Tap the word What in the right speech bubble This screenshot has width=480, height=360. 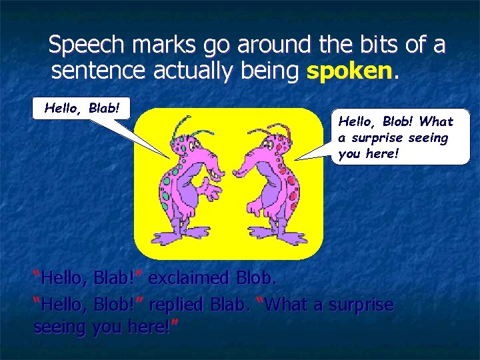pos(437,122)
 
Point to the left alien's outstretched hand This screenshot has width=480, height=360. pos(212,193)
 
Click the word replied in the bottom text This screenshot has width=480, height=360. pos(177,305)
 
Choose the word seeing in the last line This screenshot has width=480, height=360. pos(57,327)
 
